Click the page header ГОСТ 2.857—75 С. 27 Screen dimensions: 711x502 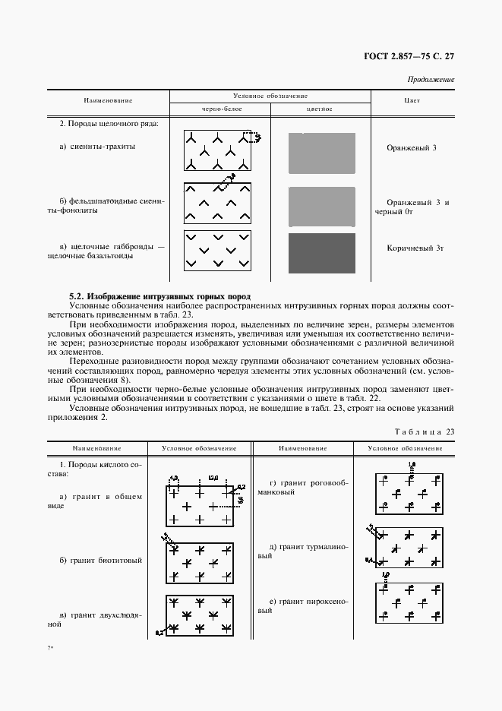tap(408, 56)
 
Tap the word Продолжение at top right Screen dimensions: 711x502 tap(431, 79)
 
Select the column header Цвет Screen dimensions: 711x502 tap(412, 100)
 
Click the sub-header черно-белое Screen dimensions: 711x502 tap(218, 109)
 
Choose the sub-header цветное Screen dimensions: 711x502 tap(320, 109)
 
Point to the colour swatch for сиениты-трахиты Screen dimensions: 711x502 tap(321, 153)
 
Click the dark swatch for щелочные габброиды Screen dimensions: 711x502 tap(321, 253)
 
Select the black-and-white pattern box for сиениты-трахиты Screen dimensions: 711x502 tap(217, 150)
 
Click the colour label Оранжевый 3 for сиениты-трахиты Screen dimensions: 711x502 tap(412, 147)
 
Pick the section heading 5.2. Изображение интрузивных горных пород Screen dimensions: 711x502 tap(159, 295)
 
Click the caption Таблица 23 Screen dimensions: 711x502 tap(425, 431)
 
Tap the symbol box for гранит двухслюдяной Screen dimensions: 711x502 tap(200, 614)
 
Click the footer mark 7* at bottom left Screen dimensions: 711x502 tap(51, 648)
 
